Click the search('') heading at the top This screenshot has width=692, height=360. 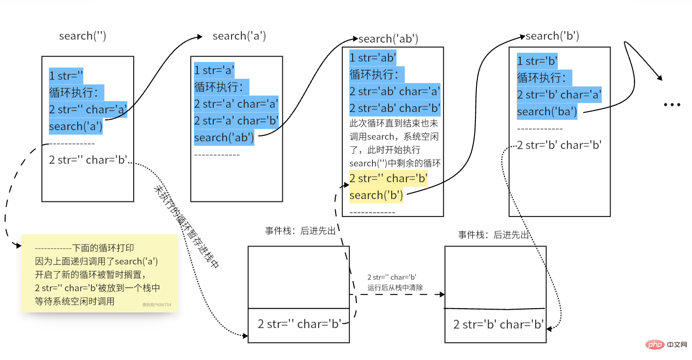pos(82,36)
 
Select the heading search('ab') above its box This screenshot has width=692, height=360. pos(388,39)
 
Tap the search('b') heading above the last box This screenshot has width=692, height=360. pos(552,36)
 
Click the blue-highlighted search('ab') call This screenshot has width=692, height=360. pos(224,137)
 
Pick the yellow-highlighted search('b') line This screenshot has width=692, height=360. pos(376,195)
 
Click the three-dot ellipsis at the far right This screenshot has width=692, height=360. pos(672,104)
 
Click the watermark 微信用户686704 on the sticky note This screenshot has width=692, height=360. pos(157,305)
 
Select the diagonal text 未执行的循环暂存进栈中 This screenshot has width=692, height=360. pos(186,226)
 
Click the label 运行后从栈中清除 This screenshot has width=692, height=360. pos(395,287)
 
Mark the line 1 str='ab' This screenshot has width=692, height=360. pos(373,58)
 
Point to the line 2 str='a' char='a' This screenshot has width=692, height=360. pos(236,104)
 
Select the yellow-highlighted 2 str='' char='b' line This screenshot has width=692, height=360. pos(388,178)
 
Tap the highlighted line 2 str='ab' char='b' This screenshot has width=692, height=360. pos(394,109)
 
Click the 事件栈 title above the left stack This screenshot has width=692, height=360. pos(300,231)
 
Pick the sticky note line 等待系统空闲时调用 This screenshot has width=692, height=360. pos(74,302)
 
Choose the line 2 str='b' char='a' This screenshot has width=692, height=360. pos(559,95)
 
